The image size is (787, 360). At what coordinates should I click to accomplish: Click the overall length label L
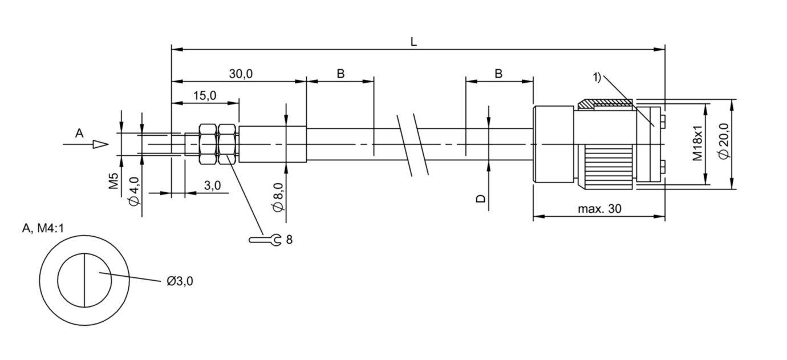[x=413, y=42]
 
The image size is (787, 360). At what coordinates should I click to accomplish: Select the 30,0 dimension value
[x=241, y=74]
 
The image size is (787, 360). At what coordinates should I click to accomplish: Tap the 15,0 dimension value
[x=205, y=96]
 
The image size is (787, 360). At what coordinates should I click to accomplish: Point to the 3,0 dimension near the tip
[x=212, y=185]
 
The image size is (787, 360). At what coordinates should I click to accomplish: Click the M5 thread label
[x=113, y=181]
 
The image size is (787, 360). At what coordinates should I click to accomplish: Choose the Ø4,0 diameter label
[x=135, y=192]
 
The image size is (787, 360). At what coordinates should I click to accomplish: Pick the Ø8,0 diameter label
[x=278, y=197]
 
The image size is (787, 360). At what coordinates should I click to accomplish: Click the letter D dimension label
[x=480, y=199]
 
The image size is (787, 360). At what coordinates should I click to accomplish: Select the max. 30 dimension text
[x=599, y=209]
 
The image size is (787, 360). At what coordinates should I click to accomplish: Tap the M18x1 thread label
[x=697, y=143]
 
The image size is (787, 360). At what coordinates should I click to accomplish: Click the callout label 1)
[x=597, y=77]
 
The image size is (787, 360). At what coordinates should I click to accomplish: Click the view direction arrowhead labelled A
[x=100, y=144]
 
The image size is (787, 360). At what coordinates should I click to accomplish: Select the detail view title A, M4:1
[x=43, y=229]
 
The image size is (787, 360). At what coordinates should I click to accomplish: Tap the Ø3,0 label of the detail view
[x=180, y=281]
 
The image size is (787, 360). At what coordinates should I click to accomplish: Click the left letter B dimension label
[x=340, y=74]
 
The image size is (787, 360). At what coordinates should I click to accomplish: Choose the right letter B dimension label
[x=498, y=74]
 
